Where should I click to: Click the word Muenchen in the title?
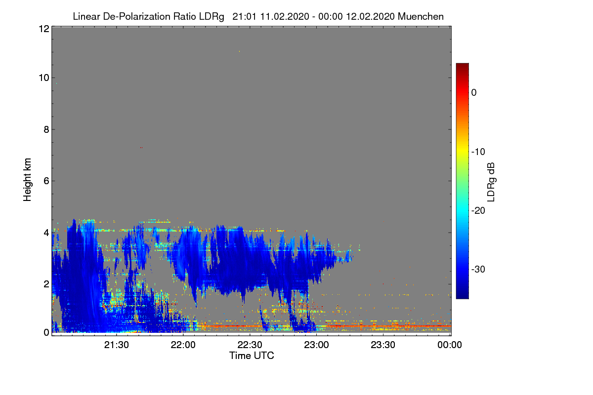point(421,16)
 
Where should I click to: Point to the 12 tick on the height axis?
point(44,29)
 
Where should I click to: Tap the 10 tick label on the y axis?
point(44,78)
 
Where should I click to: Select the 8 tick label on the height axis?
point(46,129)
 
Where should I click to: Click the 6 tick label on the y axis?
point(46,181)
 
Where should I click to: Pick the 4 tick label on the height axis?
point(46,233)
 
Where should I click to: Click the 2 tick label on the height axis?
point(46,284)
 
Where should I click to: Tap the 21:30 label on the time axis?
point(117,345)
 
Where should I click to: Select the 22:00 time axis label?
point(183,345)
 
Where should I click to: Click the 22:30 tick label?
point(250,345)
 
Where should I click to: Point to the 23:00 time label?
point(316,345)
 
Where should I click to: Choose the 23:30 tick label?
point(383,345)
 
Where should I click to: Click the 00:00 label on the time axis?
point(450,345)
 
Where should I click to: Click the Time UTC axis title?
point(252,355)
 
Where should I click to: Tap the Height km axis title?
point(27,180)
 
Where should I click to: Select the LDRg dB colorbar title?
point(491,182)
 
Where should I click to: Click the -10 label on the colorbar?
point(478,152)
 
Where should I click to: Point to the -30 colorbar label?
point(478,269)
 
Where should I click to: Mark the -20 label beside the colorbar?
point(478,211)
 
